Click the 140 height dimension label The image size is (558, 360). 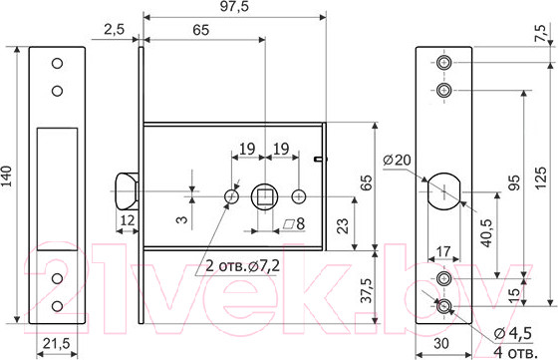7,176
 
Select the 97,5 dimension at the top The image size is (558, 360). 234,6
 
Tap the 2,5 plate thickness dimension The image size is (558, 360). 115,29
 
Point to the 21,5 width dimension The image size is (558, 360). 57,344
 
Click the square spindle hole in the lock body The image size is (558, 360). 264,196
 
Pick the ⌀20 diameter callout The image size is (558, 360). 397,160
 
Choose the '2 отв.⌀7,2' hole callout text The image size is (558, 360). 243,265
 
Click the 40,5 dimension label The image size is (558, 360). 486,233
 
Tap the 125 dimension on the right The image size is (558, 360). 540,178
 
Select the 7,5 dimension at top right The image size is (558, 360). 540,33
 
